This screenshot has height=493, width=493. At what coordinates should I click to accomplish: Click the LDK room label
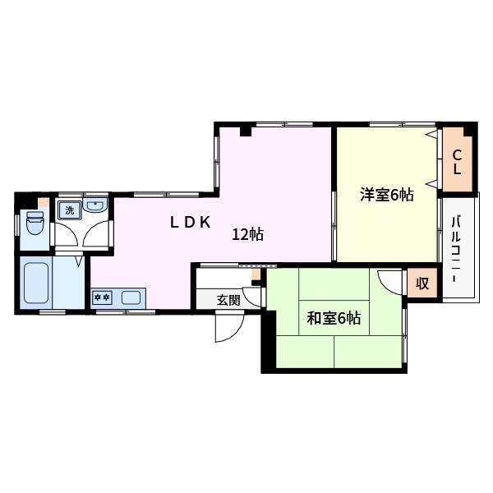point(191,222)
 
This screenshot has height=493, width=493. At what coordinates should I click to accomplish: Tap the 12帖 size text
point(247,235)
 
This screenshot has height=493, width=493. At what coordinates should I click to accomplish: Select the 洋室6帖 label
point(385,195)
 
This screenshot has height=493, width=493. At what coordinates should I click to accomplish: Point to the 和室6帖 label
point(334,318)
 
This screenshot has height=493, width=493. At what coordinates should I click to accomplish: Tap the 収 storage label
point(422,284)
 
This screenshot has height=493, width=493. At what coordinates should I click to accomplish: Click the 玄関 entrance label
point(228,300)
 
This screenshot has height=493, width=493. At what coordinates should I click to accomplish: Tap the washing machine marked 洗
point(69,210)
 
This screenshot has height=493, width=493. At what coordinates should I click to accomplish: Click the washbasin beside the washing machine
point(96,205)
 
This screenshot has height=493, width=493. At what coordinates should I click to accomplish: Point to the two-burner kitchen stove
point(103,297)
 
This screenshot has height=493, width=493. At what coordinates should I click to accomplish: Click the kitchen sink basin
point(129,297)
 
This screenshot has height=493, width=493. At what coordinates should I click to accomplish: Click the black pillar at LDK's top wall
point(245,131)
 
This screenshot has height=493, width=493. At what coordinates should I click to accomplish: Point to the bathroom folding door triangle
point(79,260)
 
